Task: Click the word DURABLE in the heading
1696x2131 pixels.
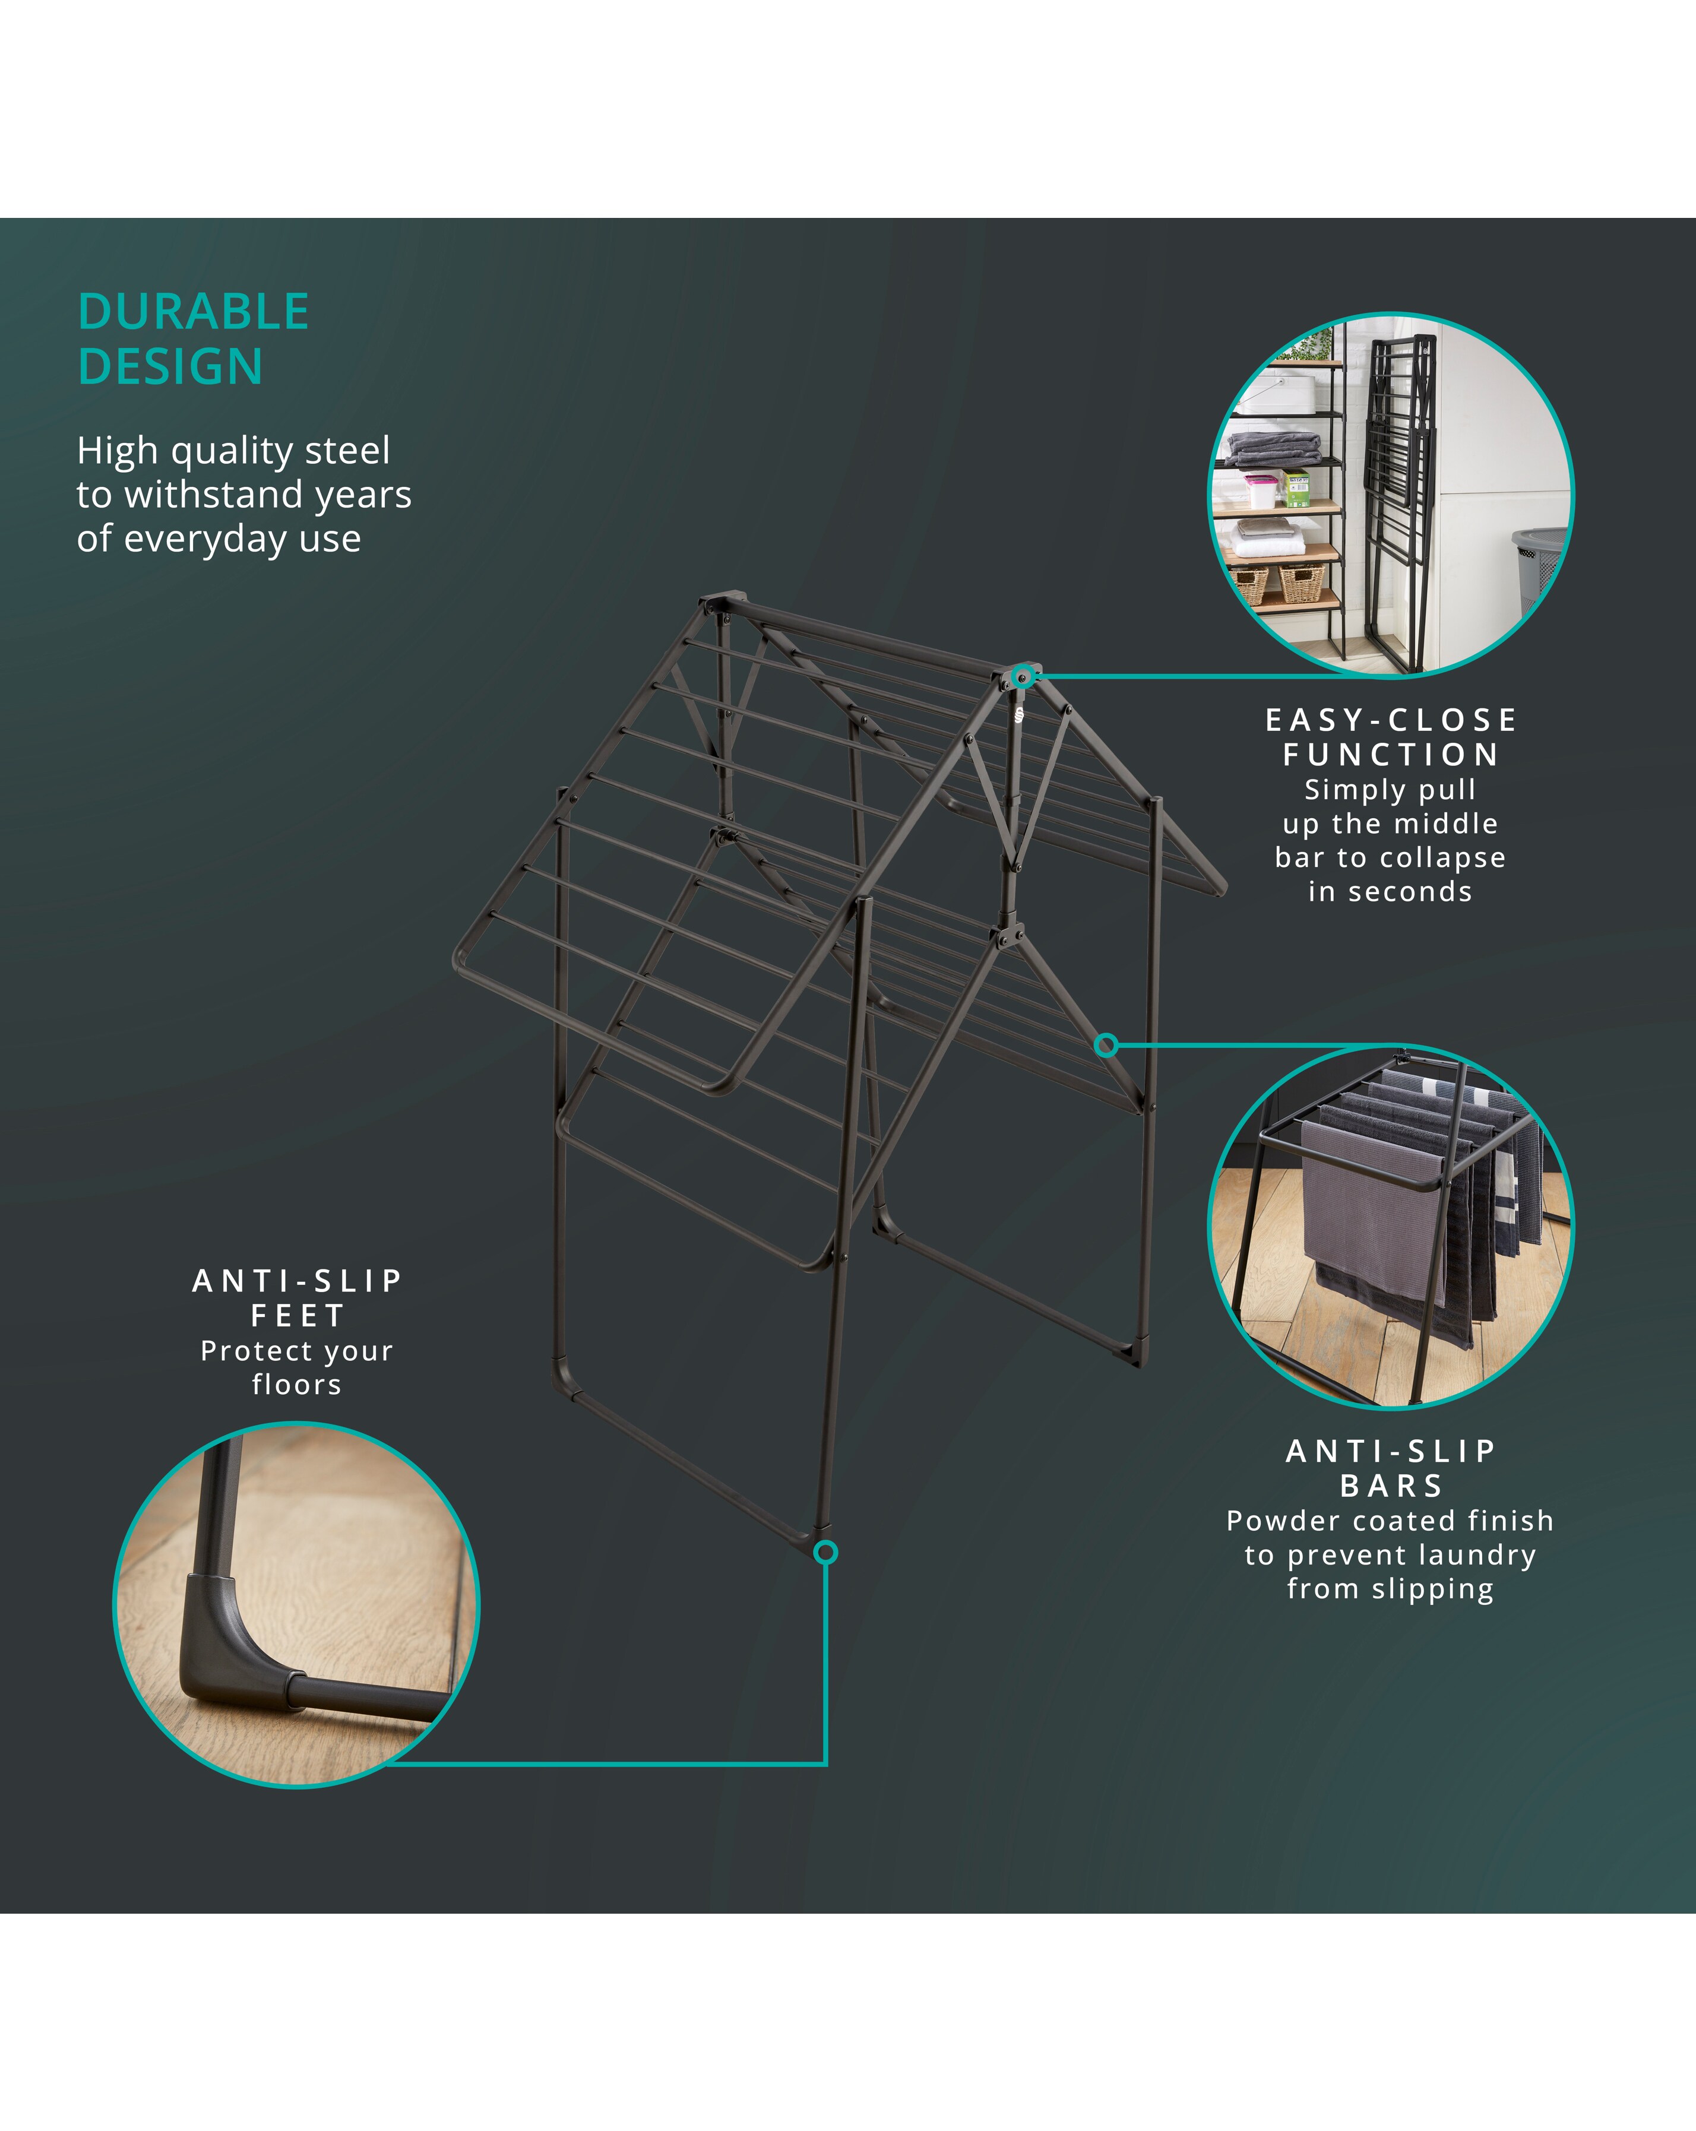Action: [x=194, y=312]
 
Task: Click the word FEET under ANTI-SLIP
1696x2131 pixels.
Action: [x=298, y=1316]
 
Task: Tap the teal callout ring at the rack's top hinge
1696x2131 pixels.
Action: [x=1024, y=676]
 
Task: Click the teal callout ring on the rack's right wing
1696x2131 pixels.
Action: [x=1107, y=1045]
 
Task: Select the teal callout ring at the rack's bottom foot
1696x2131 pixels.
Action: [x=825, y=1553]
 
